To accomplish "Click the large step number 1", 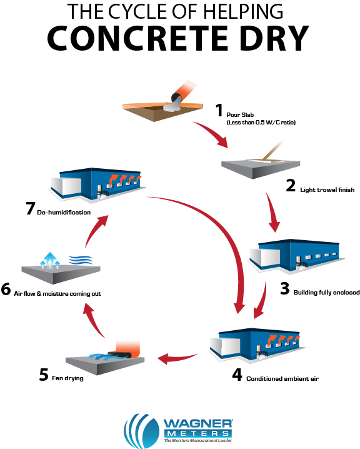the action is (219, 110).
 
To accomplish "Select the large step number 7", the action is (31, 208).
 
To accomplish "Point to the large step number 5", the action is (44, 375).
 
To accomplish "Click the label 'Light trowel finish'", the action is (327, 190).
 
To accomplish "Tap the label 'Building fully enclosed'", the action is (326, 293).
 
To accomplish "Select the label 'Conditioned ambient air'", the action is (282, 379).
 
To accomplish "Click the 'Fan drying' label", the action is (67, 378).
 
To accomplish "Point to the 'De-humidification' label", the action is (64, 213).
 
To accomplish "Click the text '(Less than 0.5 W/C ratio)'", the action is (261, 123).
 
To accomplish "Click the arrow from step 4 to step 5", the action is (177, 358).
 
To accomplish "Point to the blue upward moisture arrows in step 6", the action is (50, 260).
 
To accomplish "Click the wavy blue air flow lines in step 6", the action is (81, 260).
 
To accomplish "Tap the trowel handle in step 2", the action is (272, 149).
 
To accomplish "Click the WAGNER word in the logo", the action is (197, 423).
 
